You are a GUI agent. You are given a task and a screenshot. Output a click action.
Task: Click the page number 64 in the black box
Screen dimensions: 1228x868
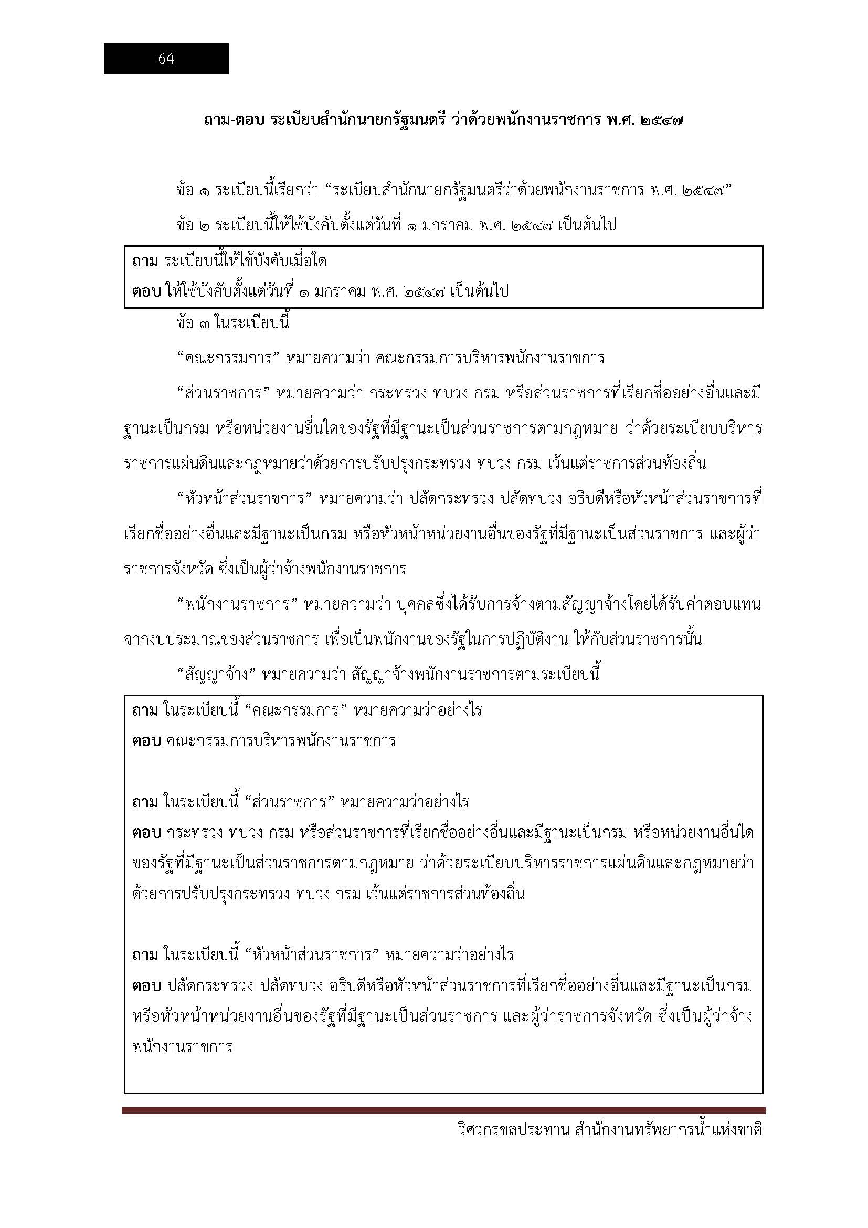coord(166,59)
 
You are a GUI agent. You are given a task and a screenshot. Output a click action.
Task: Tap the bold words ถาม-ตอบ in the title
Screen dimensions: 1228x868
coord(235,121)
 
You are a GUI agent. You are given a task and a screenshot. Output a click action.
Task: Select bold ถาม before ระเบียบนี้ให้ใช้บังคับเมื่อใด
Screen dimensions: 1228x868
coord(145,261)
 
